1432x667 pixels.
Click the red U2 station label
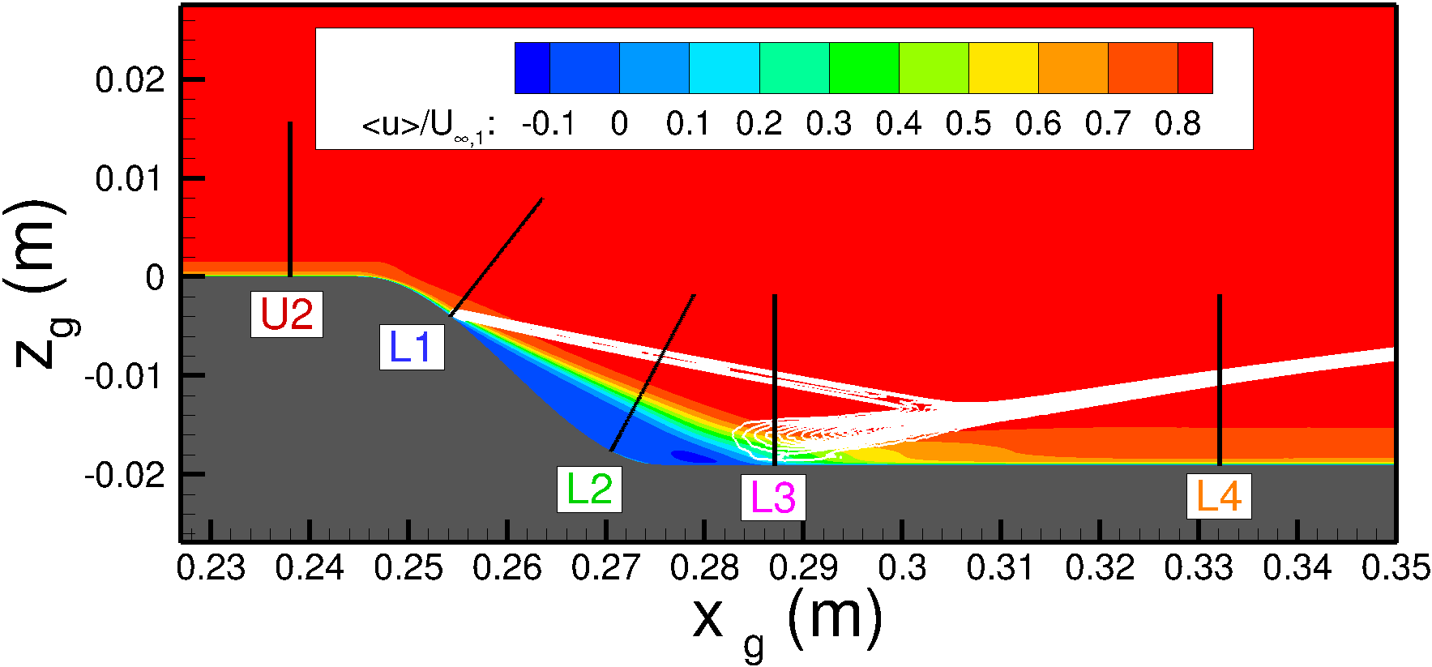[x=286, y=314]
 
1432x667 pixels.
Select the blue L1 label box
[x=412, y=348]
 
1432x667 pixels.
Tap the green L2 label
[x=589, y=490]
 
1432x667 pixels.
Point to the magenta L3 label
[x=773, y=498]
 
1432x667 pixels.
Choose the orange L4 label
[x=1219, y=496]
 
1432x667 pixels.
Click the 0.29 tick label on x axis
[x=803, y=568]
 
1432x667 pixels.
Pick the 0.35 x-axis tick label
[x=1396, y=568]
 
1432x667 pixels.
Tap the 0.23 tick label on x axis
[x=211, y=568]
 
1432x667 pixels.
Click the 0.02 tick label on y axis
[x=130, y=80]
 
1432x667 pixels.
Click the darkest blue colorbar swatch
[x=532, y=68]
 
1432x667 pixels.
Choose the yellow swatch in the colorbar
[x=1003, y=68]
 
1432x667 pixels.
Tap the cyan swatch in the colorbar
[x=724, y=68]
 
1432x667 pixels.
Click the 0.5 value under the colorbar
[x=968, y=124]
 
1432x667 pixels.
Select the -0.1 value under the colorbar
[x=549, y=124]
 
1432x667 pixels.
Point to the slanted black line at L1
[x=496, y=256]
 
